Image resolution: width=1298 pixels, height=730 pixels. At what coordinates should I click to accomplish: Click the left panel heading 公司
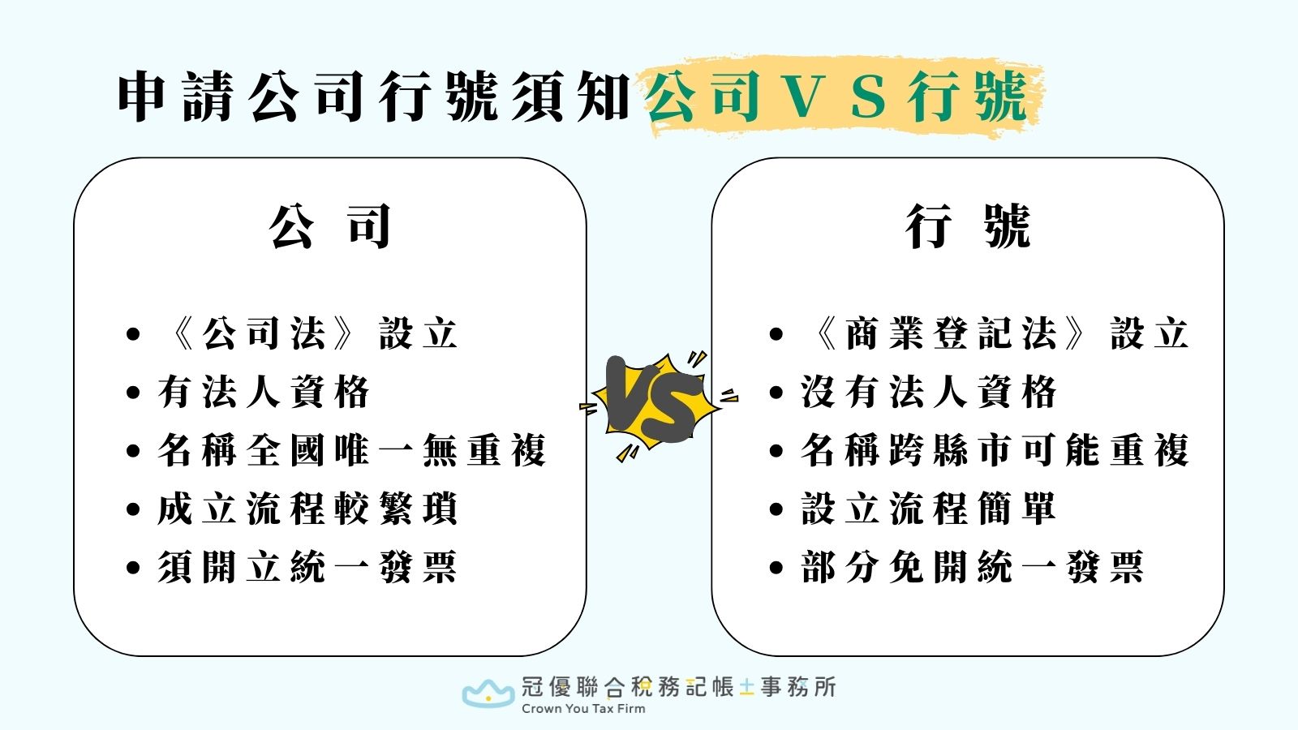(x=330, y=226)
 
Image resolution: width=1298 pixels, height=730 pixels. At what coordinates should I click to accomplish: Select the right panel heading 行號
(x=968, y=226)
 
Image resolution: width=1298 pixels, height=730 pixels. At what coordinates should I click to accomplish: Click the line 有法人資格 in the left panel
(x=264, y=393)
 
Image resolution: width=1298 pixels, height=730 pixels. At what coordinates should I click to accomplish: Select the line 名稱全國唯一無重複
(x=352, y=451)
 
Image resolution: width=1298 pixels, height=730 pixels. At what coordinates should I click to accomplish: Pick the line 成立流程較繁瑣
(x=308, y=509)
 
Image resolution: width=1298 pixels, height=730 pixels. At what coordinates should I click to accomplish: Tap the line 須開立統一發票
(x=308, y=567)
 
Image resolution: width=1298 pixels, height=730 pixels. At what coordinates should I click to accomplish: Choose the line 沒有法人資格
(x=929, y=393)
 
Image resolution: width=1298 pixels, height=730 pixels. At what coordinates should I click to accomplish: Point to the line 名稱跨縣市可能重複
(x=995, y=451)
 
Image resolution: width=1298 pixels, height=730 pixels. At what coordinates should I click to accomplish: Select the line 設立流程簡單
(x=929, y=509)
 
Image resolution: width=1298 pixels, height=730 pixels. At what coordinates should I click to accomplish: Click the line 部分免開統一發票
(x=973, y=567)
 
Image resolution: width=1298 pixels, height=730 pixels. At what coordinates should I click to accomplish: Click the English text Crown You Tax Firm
(x=583, y=709)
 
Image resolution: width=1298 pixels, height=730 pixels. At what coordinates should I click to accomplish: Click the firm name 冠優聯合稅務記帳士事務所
(x=678, y=687)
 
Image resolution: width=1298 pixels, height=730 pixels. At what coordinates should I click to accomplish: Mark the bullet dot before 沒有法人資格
(x=776, y=393)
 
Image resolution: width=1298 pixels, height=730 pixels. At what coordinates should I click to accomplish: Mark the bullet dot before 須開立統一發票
(x=134, y=568)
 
